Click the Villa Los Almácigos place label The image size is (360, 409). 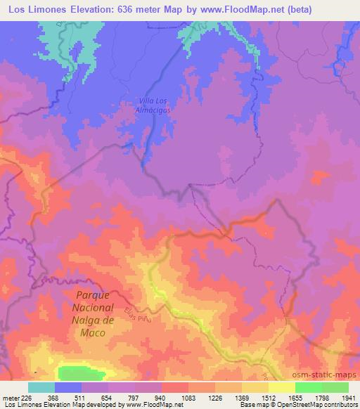click(x=153, y=105)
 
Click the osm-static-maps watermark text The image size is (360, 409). click(x=325, y=374)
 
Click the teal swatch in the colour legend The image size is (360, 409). click(x=41, y=387)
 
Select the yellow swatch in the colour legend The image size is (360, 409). click(x=281, y=387)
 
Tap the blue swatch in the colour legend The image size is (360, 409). click(x=68, y=387)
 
